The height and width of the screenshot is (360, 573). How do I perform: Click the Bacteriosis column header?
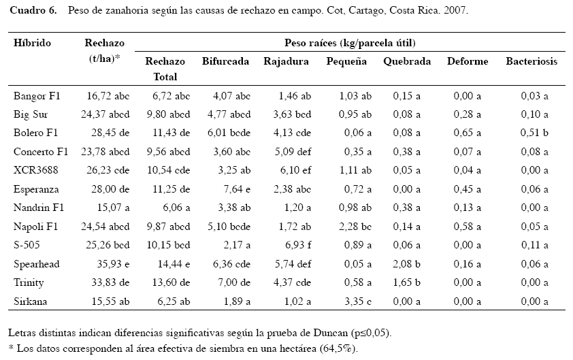point(531,61)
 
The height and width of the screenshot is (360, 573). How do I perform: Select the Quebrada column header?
point(407,61)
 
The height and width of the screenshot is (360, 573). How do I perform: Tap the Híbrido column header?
point(32,43)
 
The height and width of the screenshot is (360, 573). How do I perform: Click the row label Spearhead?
point(37,264)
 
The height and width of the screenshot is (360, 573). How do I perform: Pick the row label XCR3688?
point(36,170)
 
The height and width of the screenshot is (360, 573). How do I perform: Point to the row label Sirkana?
point(31,301)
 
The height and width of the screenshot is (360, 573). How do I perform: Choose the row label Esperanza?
point(36,189)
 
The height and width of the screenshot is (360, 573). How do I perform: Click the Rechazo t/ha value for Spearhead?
point(113,264)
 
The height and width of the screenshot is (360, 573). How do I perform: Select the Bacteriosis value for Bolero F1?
point(534,132)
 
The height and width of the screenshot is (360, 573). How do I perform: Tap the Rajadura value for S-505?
point(298,245)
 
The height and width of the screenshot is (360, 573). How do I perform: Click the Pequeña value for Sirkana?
point(358,301)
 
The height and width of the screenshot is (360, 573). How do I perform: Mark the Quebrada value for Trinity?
point(407,282)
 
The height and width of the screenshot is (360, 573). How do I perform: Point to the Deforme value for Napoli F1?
point(468,226)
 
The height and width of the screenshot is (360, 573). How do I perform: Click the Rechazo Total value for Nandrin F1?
point(176,208)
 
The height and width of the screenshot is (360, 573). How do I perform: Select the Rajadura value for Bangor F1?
point(295,96)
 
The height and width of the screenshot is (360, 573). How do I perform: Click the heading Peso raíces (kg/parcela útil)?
point(350,43)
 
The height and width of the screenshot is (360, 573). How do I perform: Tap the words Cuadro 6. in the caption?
point(33,10)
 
